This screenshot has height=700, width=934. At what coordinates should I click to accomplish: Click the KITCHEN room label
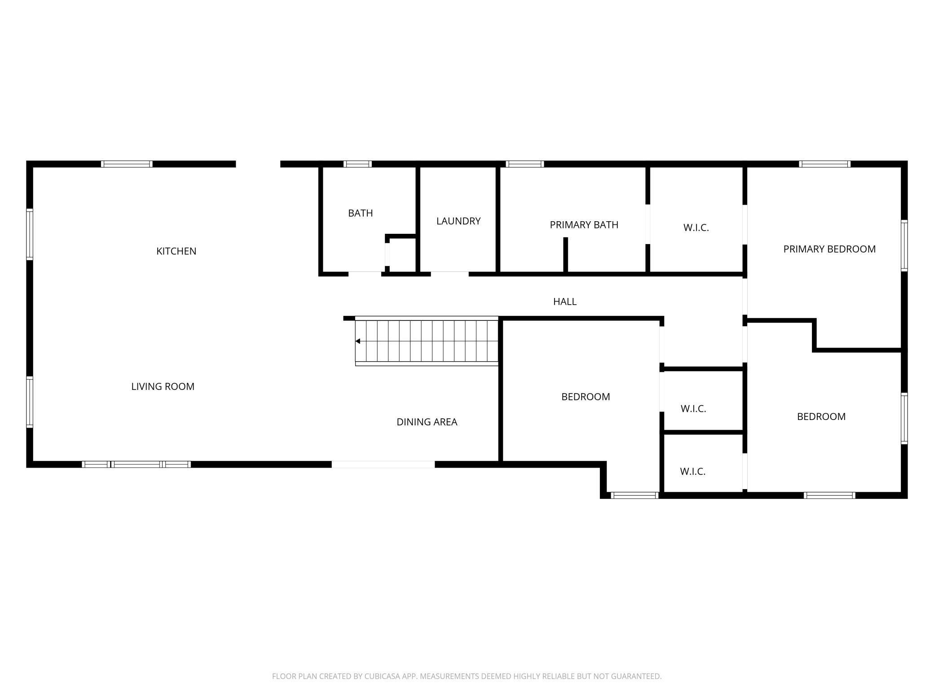pos(176,251)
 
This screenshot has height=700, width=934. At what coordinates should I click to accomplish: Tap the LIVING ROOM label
pos(163,386)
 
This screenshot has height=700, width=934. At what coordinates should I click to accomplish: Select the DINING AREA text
pos(427,422)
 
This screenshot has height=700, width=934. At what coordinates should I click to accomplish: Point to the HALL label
pos(564,302)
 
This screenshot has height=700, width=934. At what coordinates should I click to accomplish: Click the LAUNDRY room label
pos(458,221)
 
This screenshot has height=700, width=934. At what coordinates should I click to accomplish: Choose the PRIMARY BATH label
pos(584,225)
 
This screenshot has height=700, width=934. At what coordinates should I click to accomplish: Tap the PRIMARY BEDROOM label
pos(829,249)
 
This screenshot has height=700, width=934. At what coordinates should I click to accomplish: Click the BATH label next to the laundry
pos(360,213)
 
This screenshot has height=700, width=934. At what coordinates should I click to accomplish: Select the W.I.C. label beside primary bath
pos(696,227)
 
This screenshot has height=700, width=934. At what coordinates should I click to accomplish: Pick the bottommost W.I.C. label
pos(692,471)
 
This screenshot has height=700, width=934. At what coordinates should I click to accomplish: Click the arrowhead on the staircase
pos(358,341)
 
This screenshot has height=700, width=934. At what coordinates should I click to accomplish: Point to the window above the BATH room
pos(357,164)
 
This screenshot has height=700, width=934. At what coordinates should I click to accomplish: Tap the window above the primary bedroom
pos(824,164)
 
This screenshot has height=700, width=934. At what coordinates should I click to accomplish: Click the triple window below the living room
pos(136,464)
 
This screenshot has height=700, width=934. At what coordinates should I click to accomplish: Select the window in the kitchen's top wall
pos(127,164)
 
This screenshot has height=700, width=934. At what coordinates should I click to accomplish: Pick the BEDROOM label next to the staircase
pos(585,397)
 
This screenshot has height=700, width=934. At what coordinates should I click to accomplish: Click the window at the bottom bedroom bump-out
pos(634,495)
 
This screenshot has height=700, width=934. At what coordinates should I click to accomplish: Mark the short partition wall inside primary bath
pos(565,254)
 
